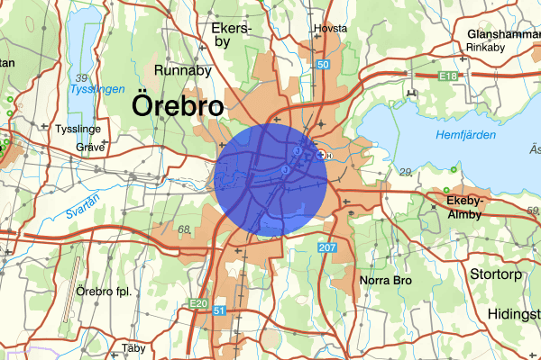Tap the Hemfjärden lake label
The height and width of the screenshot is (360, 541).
[x=460, y=134]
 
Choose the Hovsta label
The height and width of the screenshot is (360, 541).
[x=329, y=28]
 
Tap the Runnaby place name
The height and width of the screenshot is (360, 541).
[x=183, y=69]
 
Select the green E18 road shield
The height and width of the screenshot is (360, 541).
[x=448, y=78]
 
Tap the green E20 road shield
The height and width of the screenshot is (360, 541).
[x=199, y=304]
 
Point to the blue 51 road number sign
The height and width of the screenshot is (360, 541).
[x=220, y=310]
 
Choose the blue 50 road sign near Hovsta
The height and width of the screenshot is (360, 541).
[x=323, y=65]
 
